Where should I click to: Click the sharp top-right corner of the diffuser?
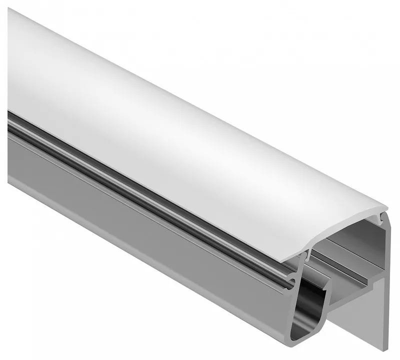pos(388,207)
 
